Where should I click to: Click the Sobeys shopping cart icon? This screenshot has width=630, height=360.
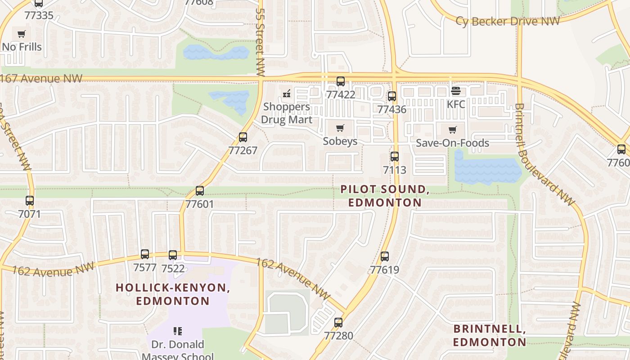(340, 128)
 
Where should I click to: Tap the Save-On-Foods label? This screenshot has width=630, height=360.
(452, 143)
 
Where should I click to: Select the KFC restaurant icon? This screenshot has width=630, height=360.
(455, 91)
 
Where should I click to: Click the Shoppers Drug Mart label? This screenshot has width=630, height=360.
(287, 113)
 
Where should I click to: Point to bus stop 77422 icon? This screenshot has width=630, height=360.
(341, 81)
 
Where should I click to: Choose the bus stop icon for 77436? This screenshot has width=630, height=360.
(392, 96)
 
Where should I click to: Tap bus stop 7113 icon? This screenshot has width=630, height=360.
(395, 157)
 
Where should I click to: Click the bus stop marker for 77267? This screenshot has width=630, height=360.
(243, 137)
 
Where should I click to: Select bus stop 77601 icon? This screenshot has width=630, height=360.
(200, 191)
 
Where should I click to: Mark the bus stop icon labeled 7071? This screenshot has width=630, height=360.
(30, 201)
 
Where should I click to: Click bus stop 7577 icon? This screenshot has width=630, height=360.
(145, 254)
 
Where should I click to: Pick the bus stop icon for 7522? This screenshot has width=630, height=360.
(173, 255)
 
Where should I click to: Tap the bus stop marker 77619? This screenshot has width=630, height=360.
(385, 256)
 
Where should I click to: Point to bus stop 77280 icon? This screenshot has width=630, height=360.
(338, 323)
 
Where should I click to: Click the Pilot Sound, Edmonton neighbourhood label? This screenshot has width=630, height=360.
(385, 196)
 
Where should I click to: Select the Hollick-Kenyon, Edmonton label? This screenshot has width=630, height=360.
(173, 294)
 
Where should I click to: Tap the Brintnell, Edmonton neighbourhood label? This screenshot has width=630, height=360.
(490, 335)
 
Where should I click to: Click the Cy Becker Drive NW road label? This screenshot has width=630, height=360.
(508, 21)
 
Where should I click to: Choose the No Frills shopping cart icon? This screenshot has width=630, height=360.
(21, 34)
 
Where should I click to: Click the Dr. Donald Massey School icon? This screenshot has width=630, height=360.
(178, 332)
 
